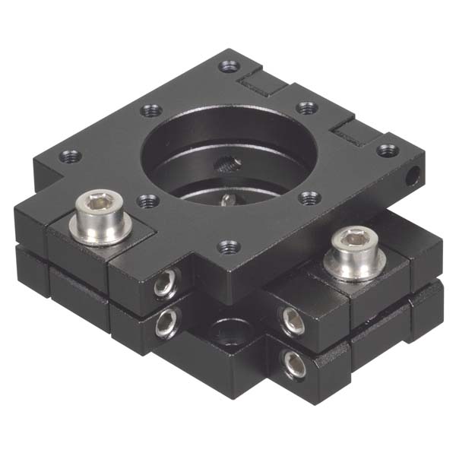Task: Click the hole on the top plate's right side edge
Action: (413, 176)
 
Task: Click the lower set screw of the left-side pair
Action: (166, 325)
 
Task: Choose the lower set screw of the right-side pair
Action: (293, 363)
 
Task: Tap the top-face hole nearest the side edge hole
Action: (388, 149)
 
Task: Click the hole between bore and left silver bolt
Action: (146, 201)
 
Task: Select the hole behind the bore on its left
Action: (148, 111)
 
